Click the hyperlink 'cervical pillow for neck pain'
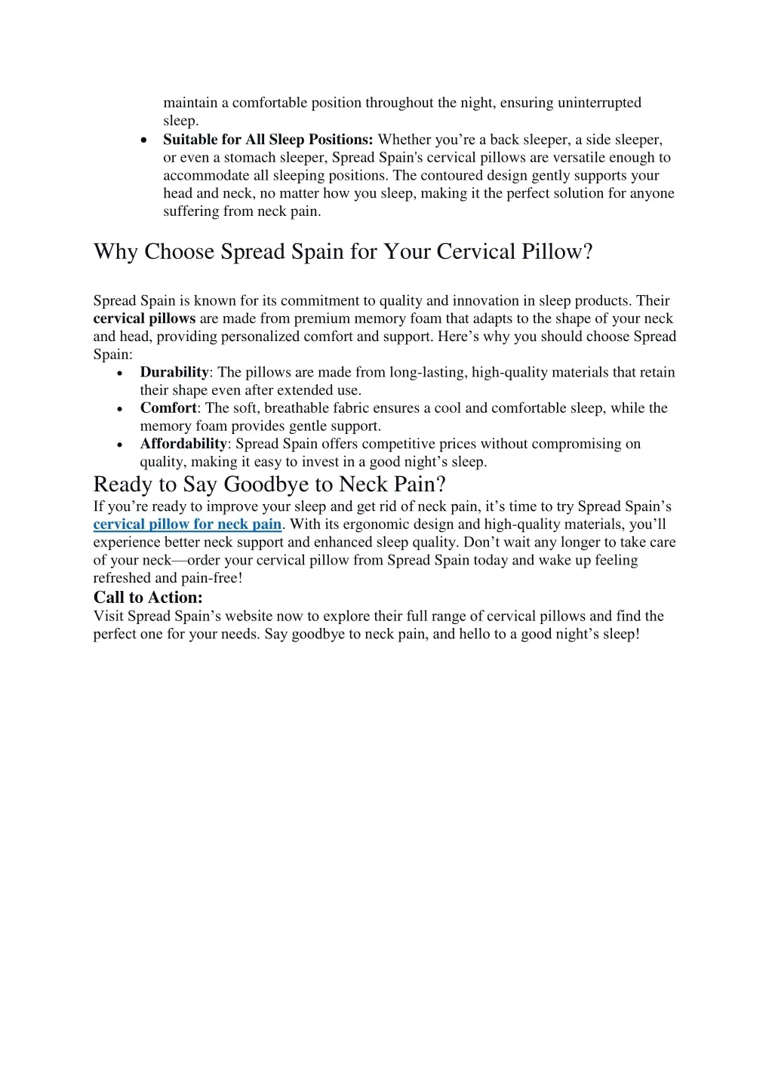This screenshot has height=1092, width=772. (x=187, y=524)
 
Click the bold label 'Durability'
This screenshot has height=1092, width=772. (x=174, y=372)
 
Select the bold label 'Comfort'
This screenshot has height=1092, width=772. (x=168, y=408)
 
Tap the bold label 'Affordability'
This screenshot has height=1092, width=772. (x=183, y=444)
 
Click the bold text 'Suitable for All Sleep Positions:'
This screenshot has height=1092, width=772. (x=268, y=140)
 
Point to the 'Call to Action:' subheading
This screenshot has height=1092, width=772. (x=148, y=598)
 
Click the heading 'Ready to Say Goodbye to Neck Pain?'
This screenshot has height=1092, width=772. (x=269, y=484)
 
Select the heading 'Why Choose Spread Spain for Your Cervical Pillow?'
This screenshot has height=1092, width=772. (x=343, y=251)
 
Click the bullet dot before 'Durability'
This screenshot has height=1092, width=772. (x=121, y=374)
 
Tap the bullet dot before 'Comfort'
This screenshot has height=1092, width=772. (x=121, y=409)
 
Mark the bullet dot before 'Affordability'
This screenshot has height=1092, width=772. (x=121, y=445)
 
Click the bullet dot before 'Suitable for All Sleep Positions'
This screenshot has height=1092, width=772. (x=144, y=141)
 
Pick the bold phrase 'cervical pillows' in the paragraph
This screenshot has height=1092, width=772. (x=144, y=318)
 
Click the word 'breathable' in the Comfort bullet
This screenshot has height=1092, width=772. (x=299, y=408)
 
